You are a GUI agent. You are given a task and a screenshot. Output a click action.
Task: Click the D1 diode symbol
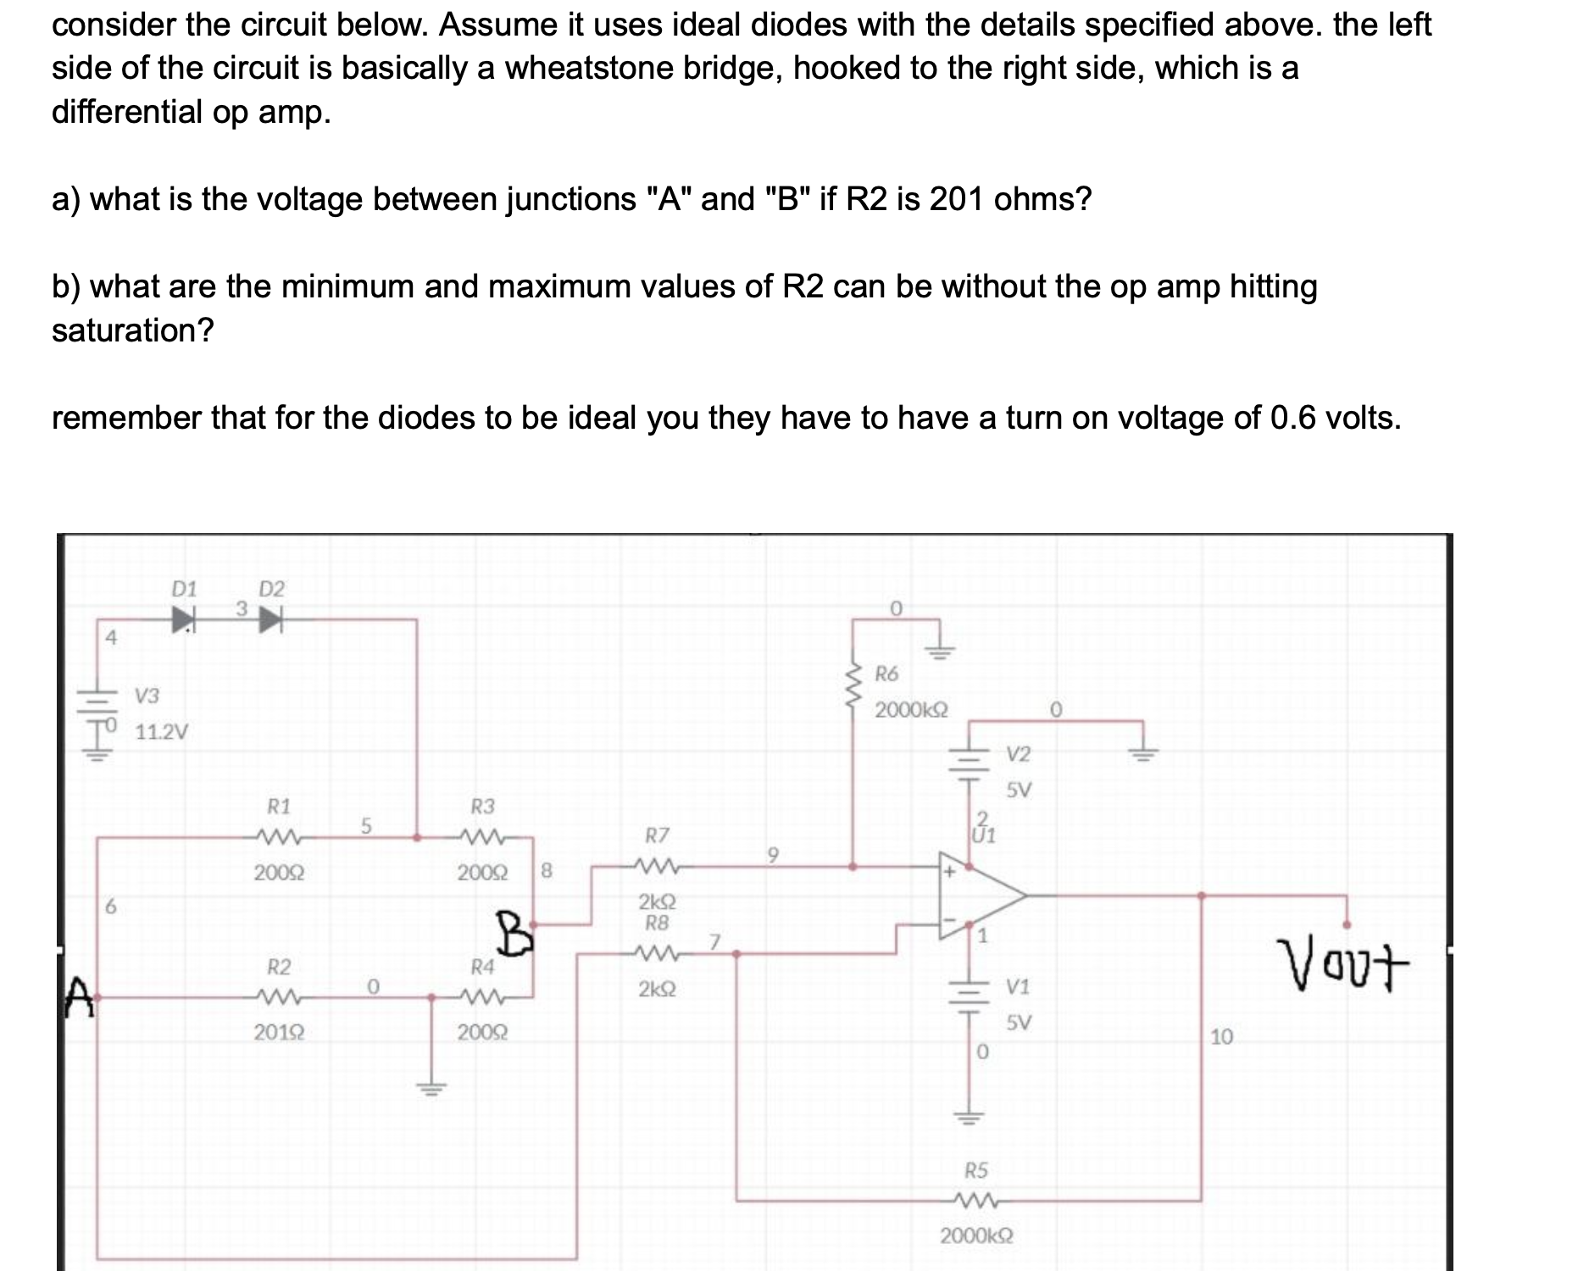click(x=183, y=619)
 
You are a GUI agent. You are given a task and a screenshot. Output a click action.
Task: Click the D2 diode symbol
click(x=269, y=619)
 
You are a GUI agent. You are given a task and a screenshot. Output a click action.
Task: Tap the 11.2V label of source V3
click(x=163, y=731)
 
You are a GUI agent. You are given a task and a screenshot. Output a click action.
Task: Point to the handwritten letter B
click(x=516, y=932)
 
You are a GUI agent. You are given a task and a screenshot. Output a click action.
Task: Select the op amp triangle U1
click(x=979, y=896)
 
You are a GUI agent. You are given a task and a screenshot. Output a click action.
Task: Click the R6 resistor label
click(x=886, y=674)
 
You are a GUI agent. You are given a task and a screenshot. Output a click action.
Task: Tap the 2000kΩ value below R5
click(x=976, y=1235)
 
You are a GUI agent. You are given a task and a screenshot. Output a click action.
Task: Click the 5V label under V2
click(x=1019, y=790)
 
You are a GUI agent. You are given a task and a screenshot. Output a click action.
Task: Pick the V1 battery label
click(x=1018, y=986)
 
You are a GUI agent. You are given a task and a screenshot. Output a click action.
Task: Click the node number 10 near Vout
click(x=1222, y=1035)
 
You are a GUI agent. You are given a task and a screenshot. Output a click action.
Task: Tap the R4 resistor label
click(x=482, y=966)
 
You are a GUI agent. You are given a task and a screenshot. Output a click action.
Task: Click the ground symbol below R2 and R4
click(x=432, y=1087)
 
